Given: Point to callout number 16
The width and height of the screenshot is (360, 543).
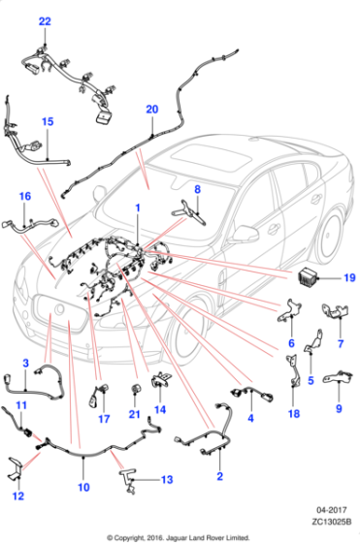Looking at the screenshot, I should [x=25, y=196].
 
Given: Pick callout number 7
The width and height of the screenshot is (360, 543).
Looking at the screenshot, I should [x=340, y=343].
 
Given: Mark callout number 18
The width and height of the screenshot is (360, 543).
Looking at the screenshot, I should [x=293, y=414].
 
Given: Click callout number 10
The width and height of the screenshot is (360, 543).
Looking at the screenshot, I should [x=82, y=487].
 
